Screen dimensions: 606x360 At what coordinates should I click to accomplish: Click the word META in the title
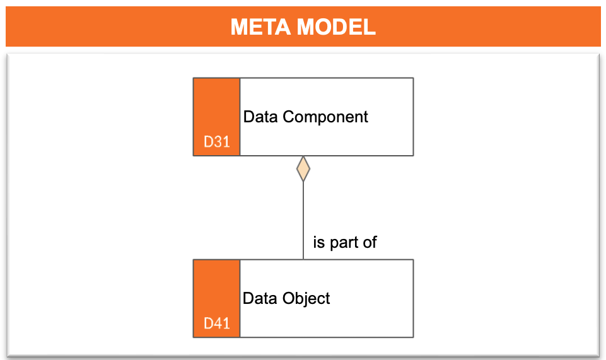pos(260,27)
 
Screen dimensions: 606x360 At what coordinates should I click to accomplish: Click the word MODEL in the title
pos(336,27)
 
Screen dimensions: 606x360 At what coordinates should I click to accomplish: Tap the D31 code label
pos(217,142)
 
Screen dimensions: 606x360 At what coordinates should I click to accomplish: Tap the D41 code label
pos(217,323)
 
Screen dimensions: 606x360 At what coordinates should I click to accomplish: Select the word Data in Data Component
pos(260,117)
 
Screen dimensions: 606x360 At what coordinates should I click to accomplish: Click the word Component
pos(325,117)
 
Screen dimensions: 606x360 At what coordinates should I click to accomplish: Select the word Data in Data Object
pos(260,298)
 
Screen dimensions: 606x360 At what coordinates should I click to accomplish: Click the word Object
pos(306,299)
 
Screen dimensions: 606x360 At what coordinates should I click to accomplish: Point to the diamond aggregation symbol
pos(303,169)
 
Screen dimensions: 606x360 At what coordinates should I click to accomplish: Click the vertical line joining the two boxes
pos(303,221)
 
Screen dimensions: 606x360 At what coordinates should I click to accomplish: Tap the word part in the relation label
pos(344,243)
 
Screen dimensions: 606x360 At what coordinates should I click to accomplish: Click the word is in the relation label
pos(319,242)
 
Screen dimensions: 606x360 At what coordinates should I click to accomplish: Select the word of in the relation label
pos(370,242)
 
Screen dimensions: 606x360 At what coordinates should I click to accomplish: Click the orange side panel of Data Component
pos(217,117)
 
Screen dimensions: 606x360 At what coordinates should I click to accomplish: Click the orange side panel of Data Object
pos(217,298)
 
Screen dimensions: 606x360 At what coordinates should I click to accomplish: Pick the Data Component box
pos(303,117)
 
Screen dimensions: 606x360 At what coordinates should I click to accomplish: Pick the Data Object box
pos(303,298)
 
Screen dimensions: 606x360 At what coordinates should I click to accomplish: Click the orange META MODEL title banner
pos(303,26)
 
